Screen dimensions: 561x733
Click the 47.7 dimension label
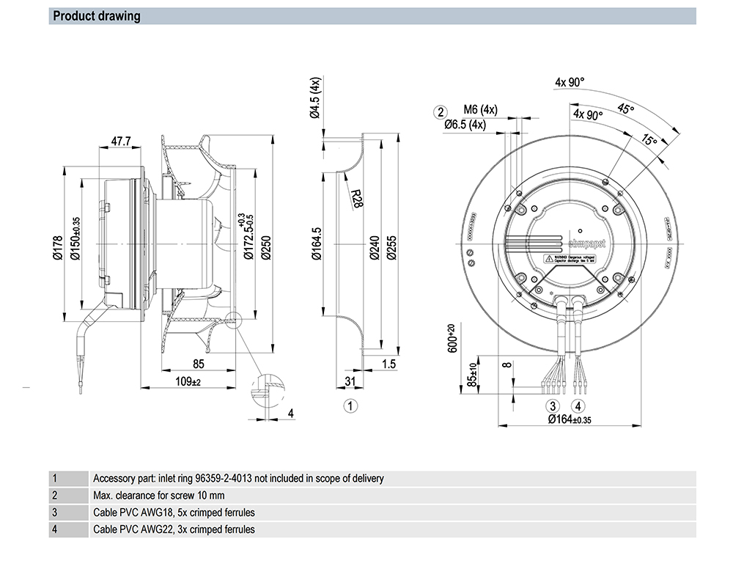(x=121, y=140)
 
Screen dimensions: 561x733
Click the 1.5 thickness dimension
(x=388, y=363)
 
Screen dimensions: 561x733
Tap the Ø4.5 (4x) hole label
(x=314, y=97)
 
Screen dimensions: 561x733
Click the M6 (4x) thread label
(x=481, y=110)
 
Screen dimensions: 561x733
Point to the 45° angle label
(x=625, y=109)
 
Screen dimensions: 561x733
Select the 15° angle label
(x=649, y=139)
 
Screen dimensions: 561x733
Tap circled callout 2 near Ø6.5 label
(x=441, y=111)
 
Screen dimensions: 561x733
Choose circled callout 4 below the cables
(x=579, y=406)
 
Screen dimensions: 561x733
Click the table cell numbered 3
(x=54, y=512)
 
